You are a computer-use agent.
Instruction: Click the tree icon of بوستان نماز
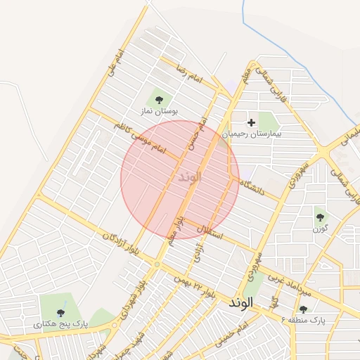pos(159,100)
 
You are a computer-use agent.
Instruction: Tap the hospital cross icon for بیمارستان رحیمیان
pos(251,122)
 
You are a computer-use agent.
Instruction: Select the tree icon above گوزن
pos(320,217)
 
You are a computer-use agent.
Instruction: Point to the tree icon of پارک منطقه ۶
pos(303,309)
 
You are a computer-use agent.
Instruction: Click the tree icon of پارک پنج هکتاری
pos(60,312)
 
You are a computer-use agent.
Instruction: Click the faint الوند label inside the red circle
pos(186,176)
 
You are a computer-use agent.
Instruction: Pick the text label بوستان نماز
pos(159,111)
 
